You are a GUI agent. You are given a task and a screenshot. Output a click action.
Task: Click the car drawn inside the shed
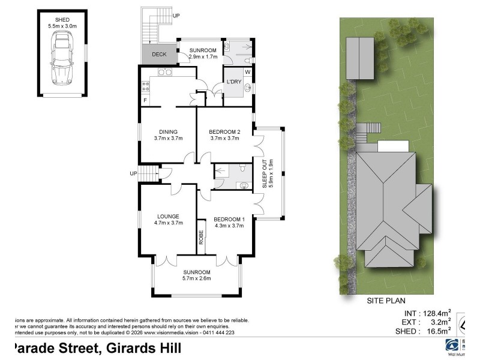tap(62, 58)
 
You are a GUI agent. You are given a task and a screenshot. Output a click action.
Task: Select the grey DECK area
tap(159, 54)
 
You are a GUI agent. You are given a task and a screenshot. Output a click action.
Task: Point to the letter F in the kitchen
tap(145, 100)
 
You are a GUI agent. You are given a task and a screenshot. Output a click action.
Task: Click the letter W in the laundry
tap(247, 73)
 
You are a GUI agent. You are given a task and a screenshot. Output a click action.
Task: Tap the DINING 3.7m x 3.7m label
tap(168, 135)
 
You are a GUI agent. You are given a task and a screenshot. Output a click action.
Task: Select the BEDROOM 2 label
tap(224, 135)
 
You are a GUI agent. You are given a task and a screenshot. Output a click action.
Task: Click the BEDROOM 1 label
tap(229, 222)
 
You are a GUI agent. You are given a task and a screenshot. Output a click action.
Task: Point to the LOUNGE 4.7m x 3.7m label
tap(169, 220)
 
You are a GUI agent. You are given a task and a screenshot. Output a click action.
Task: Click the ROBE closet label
tap(202, 238)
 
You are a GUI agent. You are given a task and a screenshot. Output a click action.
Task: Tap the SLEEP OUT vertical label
tap(267, 173)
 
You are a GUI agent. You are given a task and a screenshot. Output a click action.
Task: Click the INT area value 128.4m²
tap(434, 313)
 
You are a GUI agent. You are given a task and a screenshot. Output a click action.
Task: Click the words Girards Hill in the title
tap(139, 348)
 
